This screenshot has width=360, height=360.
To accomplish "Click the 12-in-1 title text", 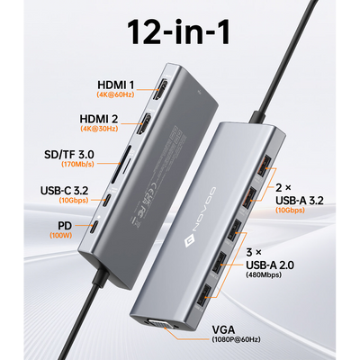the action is pyautogui.click(x=179, y=32).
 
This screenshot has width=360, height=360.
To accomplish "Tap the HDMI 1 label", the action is pyautogui.click(x=116, y=85).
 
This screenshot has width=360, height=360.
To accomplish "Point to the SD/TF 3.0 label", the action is pyautogui.click(x=69, y=155).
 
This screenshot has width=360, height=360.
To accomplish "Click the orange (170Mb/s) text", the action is pyautogui.click(x=77, y=164).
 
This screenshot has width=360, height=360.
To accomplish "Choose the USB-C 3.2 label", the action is pyautogui.click(x=65, y=191).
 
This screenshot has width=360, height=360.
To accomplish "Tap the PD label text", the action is pyautogui.click(x=65, y=226).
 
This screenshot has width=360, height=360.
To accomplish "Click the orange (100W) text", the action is pyautogui.click(x=61, y=235).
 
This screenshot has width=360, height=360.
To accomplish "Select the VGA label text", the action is pyautogui.click(x=224, y=330).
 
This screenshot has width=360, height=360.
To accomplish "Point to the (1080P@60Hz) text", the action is pyautogui.click(x=236, y=339).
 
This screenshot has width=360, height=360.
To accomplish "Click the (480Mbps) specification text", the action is pyautogui.click(x=264, y=274).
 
